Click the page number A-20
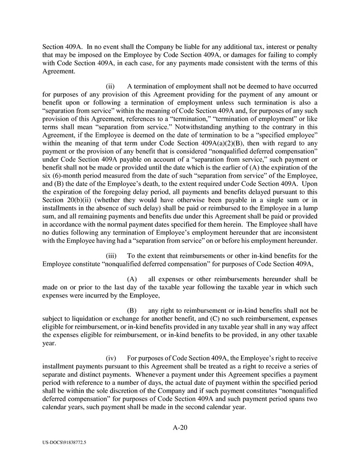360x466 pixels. (180, 428)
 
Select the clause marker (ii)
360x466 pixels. (110, 86)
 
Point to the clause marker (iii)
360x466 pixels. (111, 256)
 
